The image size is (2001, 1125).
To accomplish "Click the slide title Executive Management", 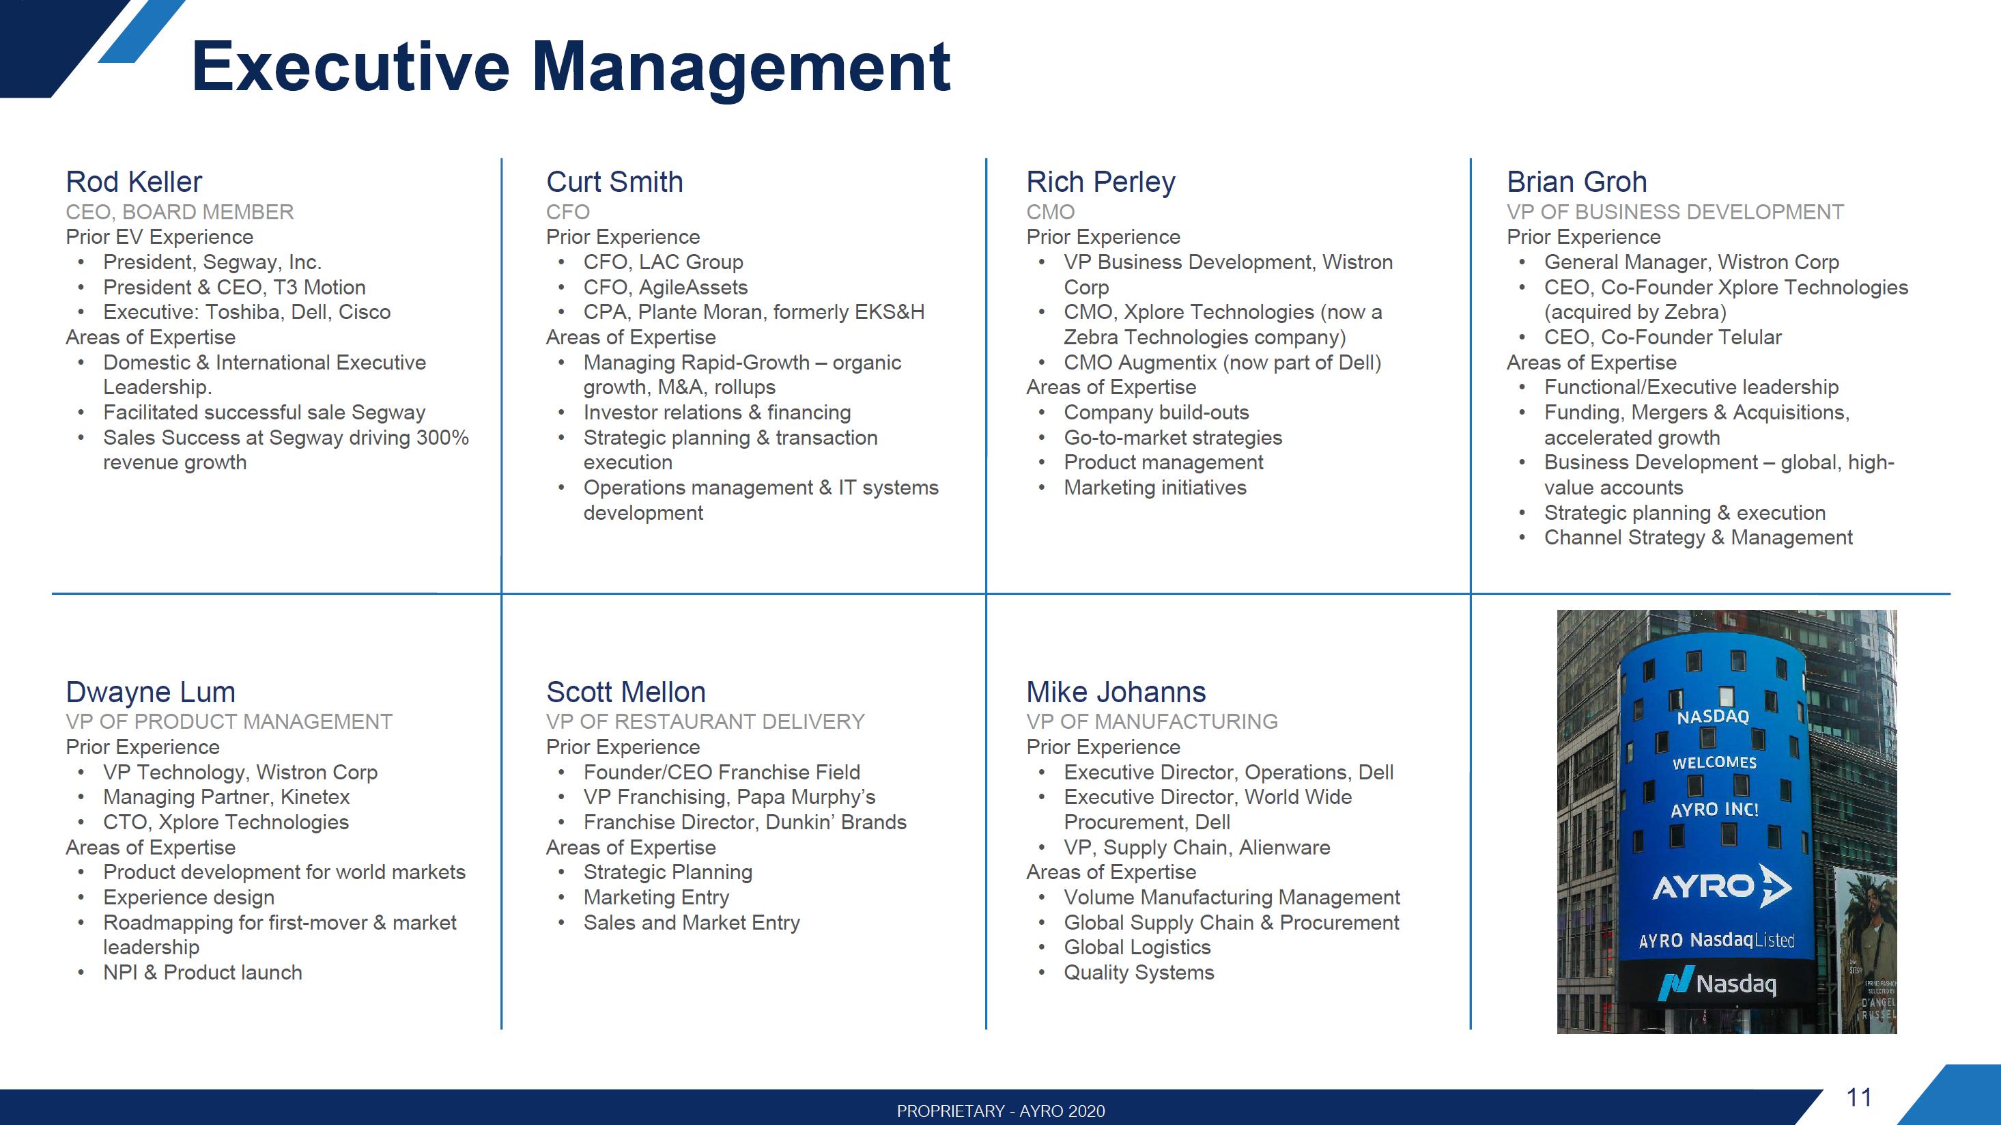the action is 571,68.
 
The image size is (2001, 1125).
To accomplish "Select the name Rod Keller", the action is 134,182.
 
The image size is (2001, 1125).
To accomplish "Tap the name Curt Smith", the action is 614,182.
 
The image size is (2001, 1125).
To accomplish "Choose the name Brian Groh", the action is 1577,182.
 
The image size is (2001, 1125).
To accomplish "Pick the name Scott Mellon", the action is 626,691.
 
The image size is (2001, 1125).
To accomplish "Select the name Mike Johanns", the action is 1116,691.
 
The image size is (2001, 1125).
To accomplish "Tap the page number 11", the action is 1859,1097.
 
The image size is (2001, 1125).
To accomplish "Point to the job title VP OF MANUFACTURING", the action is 1152,722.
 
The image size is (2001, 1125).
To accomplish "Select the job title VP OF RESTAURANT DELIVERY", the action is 705,722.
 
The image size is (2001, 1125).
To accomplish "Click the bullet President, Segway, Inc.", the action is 212,262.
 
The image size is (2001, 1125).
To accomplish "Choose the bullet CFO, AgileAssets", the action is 666,288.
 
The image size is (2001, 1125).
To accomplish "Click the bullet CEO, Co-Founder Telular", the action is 1663,337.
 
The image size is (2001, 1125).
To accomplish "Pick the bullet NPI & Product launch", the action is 203,973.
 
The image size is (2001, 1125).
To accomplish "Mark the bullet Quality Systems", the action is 1139,973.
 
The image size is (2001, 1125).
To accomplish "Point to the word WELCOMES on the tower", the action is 1714,763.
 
